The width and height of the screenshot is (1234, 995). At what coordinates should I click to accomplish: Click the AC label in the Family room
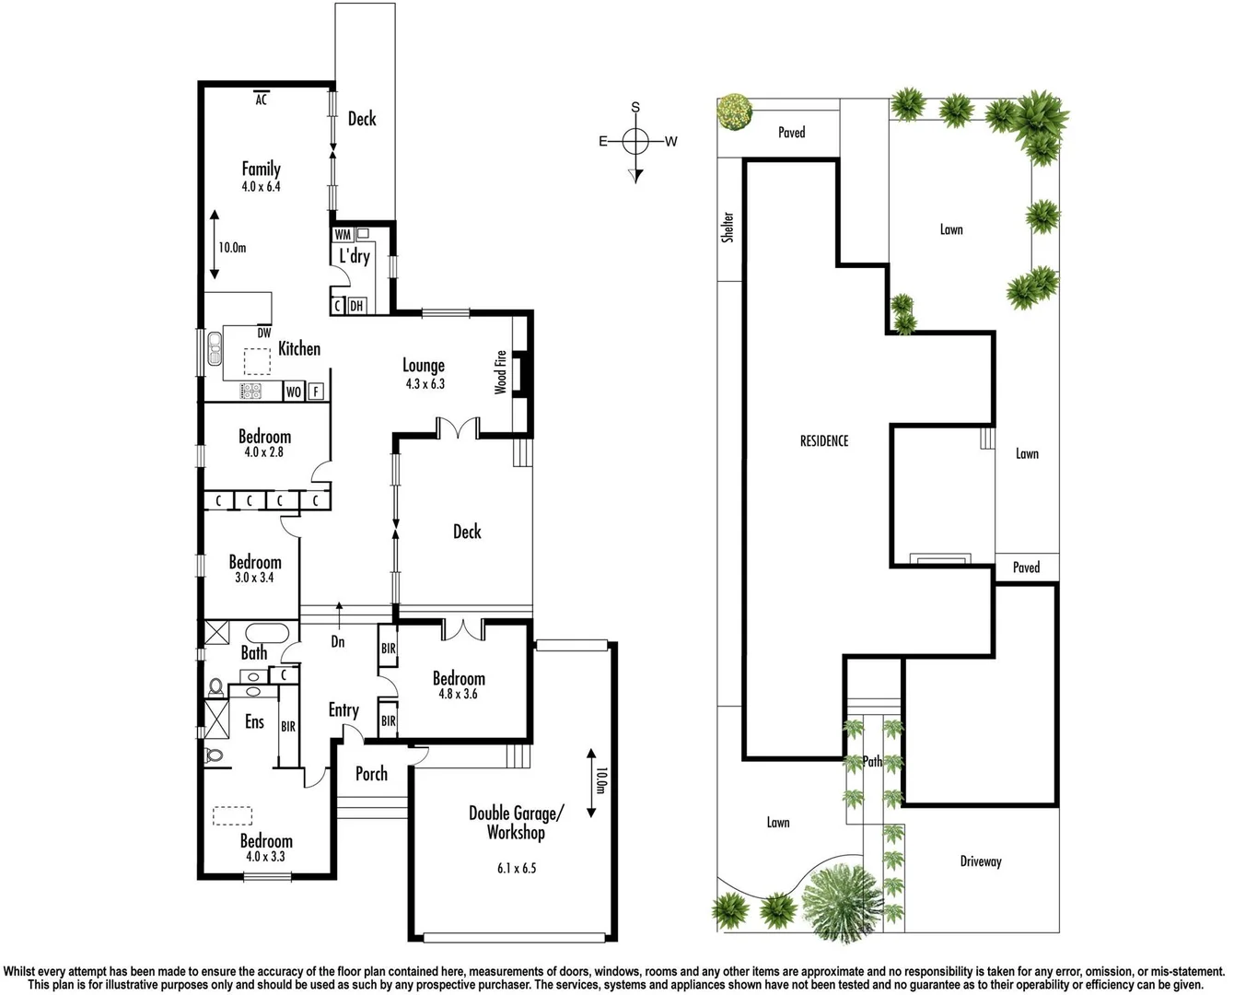tap(261, 99)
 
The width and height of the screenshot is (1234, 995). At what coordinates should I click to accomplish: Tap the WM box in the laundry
tap(343, 235)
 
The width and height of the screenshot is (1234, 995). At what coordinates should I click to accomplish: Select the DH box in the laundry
tap(356, 306)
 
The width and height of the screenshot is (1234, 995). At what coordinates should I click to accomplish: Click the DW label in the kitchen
tap(264, 334)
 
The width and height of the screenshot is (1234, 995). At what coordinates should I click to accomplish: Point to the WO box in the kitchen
tap(294, 392)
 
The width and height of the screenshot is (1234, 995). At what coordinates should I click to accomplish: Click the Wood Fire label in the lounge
tap(501, 372)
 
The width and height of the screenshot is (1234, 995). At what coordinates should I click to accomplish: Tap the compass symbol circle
tap(635, 141)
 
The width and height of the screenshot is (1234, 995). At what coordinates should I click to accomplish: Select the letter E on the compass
tap(603, 141)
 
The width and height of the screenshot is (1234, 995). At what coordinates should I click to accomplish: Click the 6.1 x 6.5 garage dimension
tap(515, 868)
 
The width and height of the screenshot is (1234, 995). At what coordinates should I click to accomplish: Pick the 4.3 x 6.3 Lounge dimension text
tap(425, 383)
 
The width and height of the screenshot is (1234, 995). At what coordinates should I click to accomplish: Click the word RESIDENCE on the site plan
tap(824, 441)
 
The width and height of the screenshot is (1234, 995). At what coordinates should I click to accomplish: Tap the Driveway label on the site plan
tap(980, 861)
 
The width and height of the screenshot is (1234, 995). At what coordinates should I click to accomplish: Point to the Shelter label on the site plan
tap(728, 227)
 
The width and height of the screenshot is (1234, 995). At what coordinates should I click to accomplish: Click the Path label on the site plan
tap(872, 762)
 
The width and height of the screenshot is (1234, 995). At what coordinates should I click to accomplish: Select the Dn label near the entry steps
tap(338, 641)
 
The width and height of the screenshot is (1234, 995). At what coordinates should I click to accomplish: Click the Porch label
tap(371, 774)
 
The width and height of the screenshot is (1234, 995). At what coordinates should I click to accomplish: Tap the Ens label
tap(254, 722)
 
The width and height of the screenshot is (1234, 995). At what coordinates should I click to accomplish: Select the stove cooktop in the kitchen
tap(251, 392)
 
